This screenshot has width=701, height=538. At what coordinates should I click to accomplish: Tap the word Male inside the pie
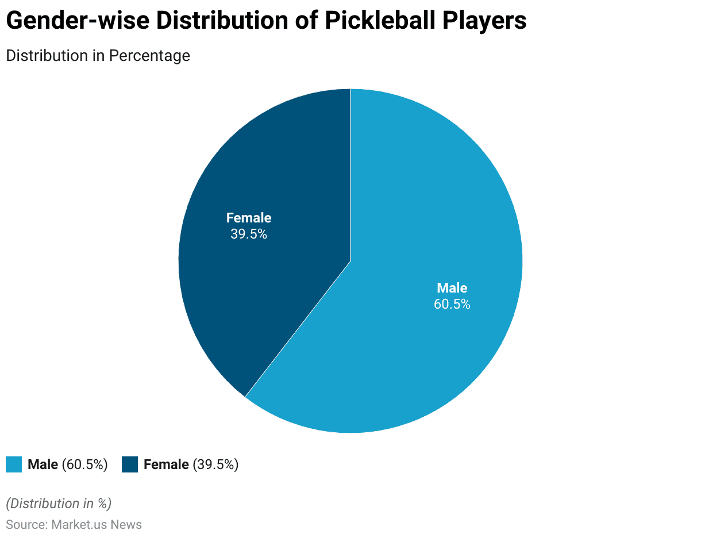coord(452,288)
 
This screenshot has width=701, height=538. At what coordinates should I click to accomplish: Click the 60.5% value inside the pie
coord(452,304)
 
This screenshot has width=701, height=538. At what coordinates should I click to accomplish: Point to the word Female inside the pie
coord(249,218)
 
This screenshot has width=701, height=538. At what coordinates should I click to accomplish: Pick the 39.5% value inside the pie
coord(249,234)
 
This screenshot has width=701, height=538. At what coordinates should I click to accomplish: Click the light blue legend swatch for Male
coord(14,464)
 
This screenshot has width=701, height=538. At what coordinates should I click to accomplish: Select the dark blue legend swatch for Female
coord(130,464)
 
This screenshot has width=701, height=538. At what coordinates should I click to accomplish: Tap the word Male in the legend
coord(43,464)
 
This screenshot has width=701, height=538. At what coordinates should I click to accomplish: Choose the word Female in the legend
coord(166,464)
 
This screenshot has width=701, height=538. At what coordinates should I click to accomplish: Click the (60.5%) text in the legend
coord(85,464)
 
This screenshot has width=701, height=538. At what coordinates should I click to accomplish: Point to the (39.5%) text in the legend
coord(215,464)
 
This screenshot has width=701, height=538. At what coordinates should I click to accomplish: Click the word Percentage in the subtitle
coord(149,56)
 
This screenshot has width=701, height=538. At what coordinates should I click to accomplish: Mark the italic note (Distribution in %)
coord(59,504)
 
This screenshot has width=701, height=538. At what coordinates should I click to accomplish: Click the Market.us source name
coord(80,525)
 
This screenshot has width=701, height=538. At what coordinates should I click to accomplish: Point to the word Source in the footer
coord(26,525)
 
